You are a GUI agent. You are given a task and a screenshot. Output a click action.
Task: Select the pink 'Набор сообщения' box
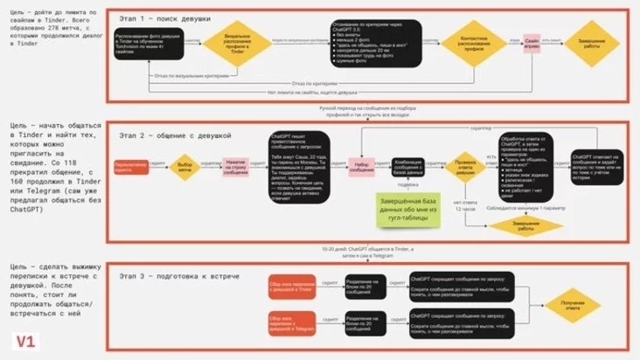coord(364,166)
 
